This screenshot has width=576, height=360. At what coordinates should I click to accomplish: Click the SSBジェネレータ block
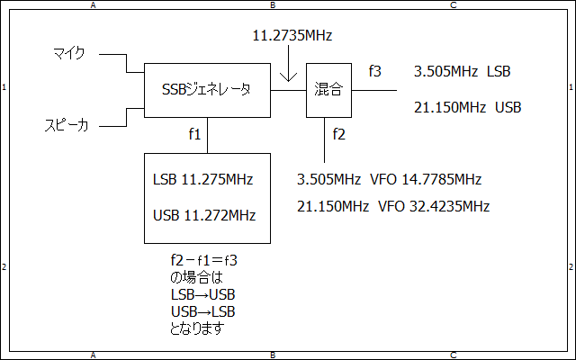(x=207, y=90)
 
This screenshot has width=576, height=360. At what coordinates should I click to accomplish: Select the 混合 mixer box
(x=328, y=90)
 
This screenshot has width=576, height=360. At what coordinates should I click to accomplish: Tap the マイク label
(x=68, y=55)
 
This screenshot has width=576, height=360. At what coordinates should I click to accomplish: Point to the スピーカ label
(x=67, y=125)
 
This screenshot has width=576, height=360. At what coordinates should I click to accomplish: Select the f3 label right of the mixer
(x=375, y=70)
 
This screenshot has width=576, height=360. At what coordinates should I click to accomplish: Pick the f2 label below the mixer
(x=338, y=134)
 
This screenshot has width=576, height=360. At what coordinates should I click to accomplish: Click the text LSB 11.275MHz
(x=204, y=179)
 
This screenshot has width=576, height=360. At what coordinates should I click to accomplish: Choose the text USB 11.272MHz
(x=204, y=215)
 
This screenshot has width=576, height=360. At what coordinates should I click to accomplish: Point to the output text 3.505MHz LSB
(x=463, y=71)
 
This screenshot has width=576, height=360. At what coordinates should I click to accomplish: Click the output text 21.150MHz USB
(x=467, y=108)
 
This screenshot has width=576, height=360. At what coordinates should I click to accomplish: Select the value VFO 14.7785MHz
(x=430, y=179)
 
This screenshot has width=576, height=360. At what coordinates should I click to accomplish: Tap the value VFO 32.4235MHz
(x=434, y=206)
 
